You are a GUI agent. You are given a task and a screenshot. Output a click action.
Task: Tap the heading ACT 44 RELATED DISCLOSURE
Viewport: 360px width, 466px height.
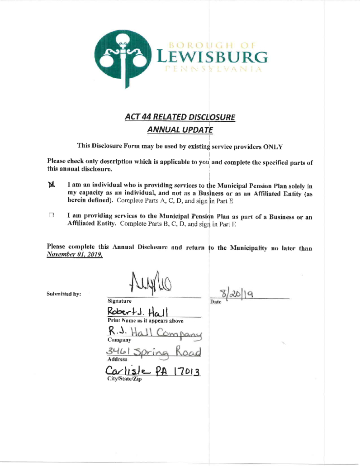[180, 117]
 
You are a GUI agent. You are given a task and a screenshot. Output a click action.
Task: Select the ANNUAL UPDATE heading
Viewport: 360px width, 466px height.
[180, 130]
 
